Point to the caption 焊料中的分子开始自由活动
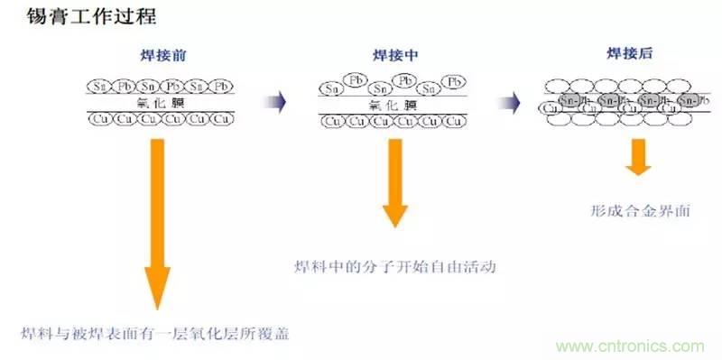[395, 267]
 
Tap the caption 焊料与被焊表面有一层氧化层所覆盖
[158, 332]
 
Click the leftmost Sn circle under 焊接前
[99, 87]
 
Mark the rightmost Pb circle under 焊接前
[224, 87]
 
